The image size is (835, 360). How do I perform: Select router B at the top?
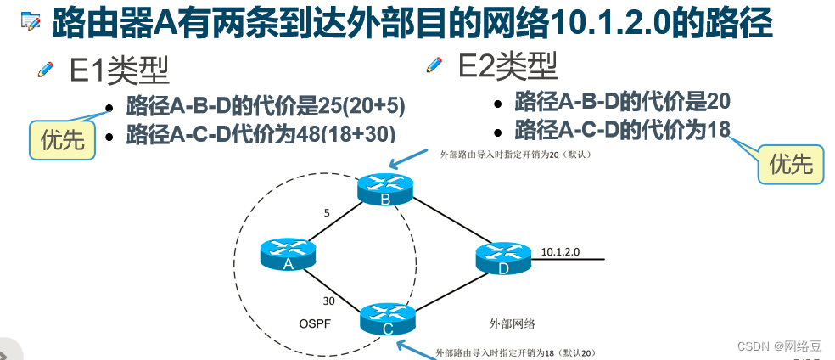tap(384, 188)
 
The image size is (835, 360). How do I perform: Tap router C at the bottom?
tap(387, 318)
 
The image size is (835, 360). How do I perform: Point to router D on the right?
tap(503, 258)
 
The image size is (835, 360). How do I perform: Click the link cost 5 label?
tap(327, 213)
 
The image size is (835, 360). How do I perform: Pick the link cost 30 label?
tap(328, 301)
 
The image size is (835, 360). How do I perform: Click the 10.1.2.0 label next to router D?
tap(559, 251)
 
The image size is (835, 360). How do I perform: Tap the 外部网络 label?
tap(512, 323)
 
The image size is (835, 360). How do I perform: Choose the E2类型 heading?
tap(507, 65)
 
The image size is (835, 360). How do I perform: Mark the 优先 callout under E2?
tap(790, 164)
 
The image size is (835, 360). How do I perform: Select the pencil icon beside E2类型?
tap(434, 64)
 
